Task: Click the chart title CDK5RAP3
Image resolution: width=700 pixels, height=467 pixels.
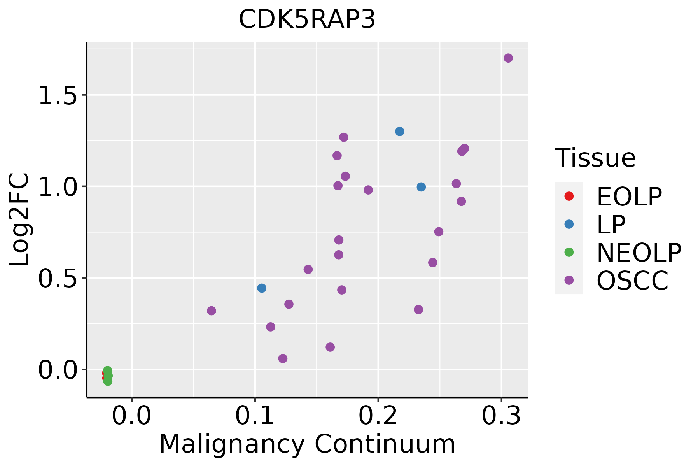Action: pos(307,19)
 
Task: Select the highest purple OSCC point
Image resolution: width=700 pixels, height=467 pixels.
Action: pos(508,58)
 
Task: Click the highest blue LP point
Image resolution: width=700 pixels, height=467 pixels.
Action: pos(400,132)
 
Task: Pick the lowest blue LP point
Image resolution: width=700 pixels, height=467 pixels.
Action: pos(262,288)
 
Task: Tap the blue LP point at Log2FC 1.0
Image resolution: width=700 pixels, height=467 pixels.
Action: pos(421,187)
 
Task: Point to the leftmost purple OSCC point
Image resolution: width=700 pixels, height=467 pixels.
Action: pos(212,311)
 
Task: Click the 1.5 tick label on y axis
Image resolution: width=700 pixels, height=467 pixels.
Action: pos(58,96)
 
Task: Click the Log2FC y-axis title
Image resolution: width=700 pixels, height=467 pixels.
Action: pos(19,219)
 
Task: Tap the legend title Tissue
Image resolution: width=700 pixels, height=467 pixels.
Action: pos(595,158)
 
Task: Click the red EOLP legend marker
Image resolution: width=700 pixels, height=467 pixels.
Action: pos(569,196)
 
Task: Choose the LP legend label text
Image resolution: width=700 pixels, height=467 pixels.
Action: pos(611,225)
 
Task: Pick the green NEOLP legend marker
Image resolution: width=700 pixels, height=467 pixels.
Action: pos(569,252)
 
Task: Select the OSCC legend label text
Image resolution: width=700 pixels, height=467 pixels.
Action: pos(632,281)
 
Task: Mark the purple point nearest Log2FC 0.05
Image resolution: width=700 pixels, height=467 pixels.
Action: pos(283,358)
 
